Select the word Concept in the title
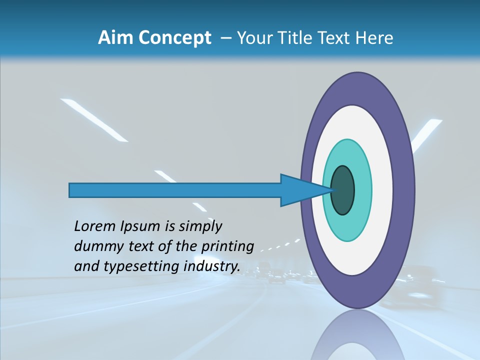point(174,38)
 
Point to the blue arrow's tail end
point(73,190)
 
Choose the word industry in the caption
point(212,266)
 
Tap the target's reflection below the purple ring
point(357,335)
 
